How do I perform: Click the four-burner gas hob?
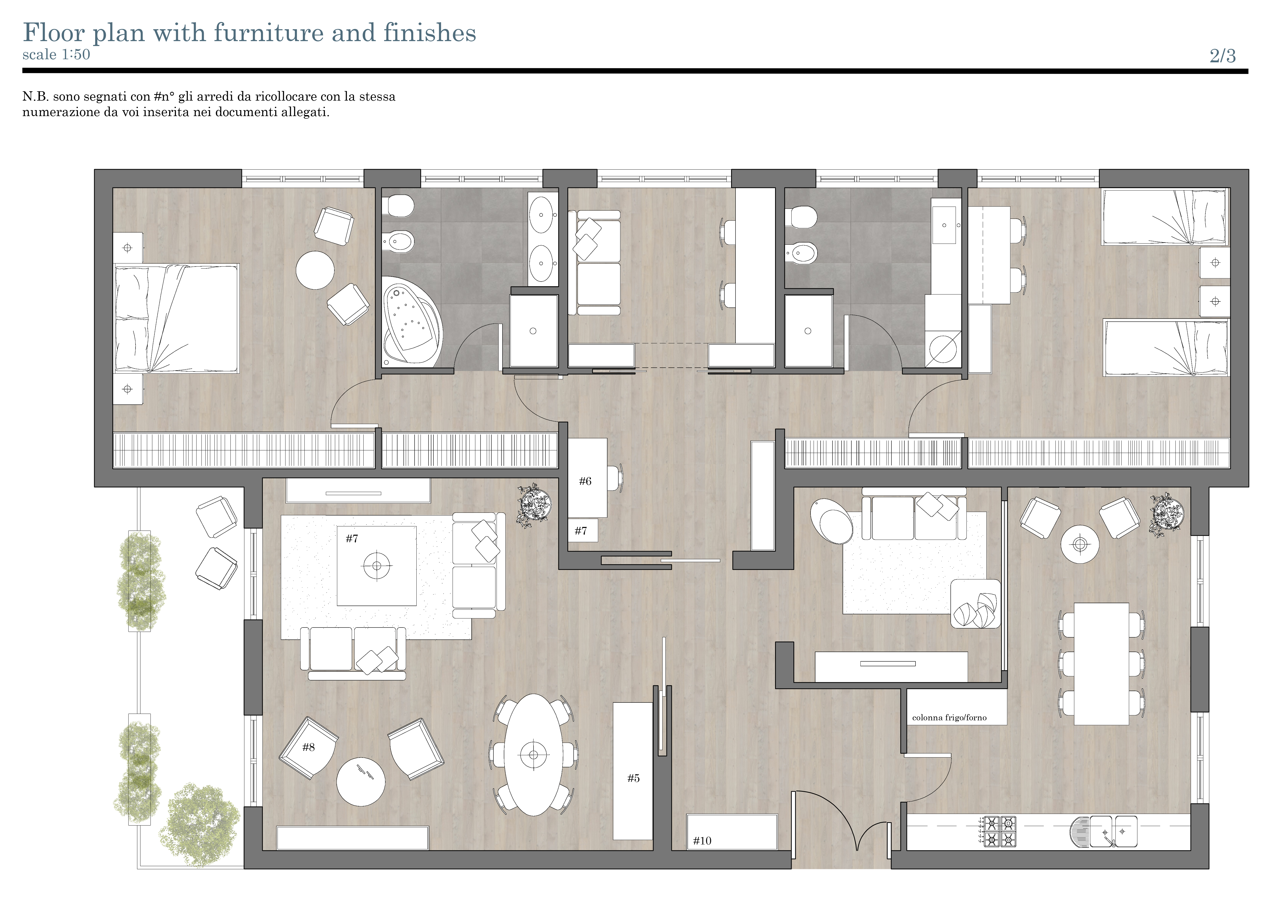click(1000, 832)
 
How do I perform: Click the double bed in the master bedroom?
click(177, 319)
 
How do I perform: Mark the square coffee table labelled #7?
click(377, 566)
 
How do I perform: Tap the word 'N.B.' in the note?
click(35, 97)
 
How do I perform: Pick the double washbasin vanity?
click(543, 239)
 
